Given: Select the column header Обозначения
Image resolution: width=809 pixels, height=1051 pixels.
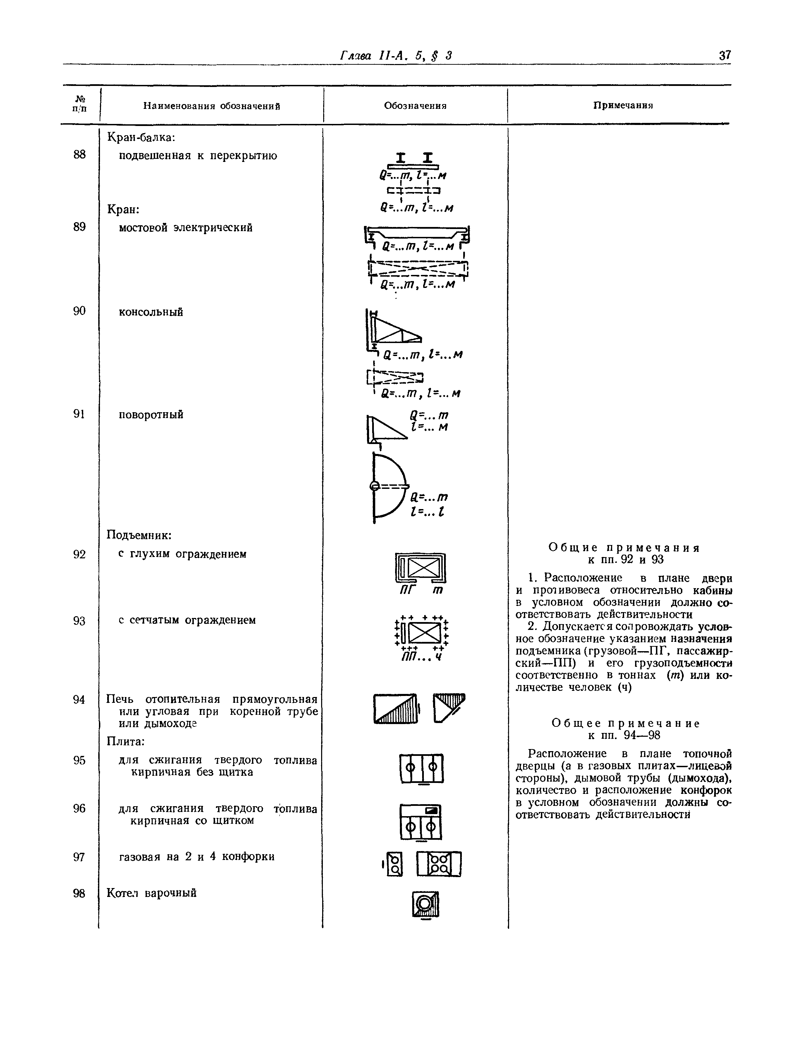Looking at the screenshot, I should point(415,106).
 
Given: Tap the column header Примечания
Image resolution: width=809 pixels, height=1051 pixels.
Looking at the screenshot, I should point(623,105).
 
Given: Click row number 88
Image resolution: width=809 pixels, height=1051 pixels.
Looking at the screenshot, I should point(79,154).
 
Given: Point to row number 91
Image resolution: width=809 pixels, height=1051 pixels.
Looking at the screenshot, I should point(79,414).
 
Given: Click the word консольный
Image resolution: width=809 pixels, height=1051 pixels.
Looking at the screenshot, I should point(151,312).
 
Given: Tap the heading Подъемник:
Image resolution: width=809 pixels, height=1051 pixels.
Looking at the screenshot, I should point(139,535).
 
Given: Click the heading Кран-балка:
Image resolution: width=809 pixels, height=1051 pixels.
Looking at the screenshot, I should point(140,138).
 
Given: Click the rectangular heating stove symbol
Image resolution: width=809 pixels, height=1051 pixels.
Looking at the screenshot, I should point(395,708).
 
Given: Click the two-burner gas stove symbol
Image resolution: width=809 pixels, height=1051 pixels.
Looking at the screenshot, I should point(395,864).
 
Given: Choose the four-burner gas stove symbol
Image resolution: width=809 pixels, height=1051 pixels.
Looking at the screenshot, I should point(439,863).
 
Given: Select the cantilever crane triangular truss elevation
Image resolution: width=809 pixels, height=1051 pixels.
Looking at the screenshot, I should point(393,330).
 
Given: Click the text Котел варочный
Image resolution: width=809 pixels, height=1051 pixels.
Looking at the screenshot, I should point(151,893).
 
